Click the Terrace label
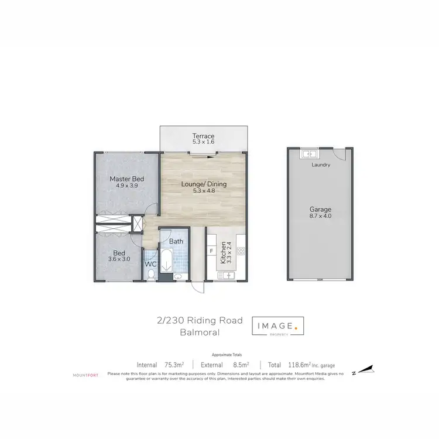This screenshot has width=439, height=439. coord(204,136)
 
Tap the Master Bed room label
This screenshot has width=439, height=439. coord(127,179)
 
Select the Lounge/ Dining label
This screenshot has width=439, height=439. coord(204,184)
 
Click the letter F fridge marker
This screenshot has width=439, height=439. coord(211,252)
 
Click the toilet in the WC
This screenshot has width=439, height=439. coord(151,275)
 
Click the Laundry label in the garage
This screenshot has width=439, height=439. coord(321,165)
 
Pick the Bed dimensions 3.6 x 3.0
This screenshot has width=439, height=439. coord(119,259)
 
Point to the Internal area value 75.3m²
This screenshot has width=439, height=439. coord(173,364)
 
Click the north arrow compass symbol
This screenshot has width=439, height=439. coord(363,369)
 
